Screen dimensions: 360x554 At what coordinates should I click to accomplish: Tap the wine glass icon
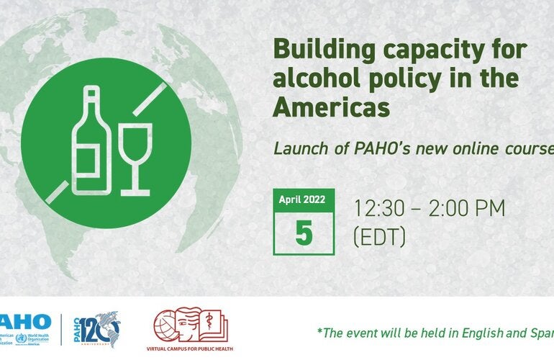click(x=135, y=158)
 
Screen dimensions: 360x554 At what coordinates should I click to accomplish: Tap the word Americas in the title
click(x=331, y=107)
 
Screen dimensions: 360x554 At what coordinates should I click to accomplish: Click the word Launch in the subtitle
click(x=296, y=149)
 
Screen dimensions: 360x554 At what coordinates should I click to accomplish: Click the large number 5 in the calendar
click(x=304, y=233)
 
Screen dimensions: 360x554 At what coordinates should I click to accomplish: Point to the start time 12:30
click(x=378, y=210)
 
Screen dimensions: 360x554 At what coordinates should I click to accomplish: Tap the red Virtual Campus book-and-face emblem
click(x=192, y=324)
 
